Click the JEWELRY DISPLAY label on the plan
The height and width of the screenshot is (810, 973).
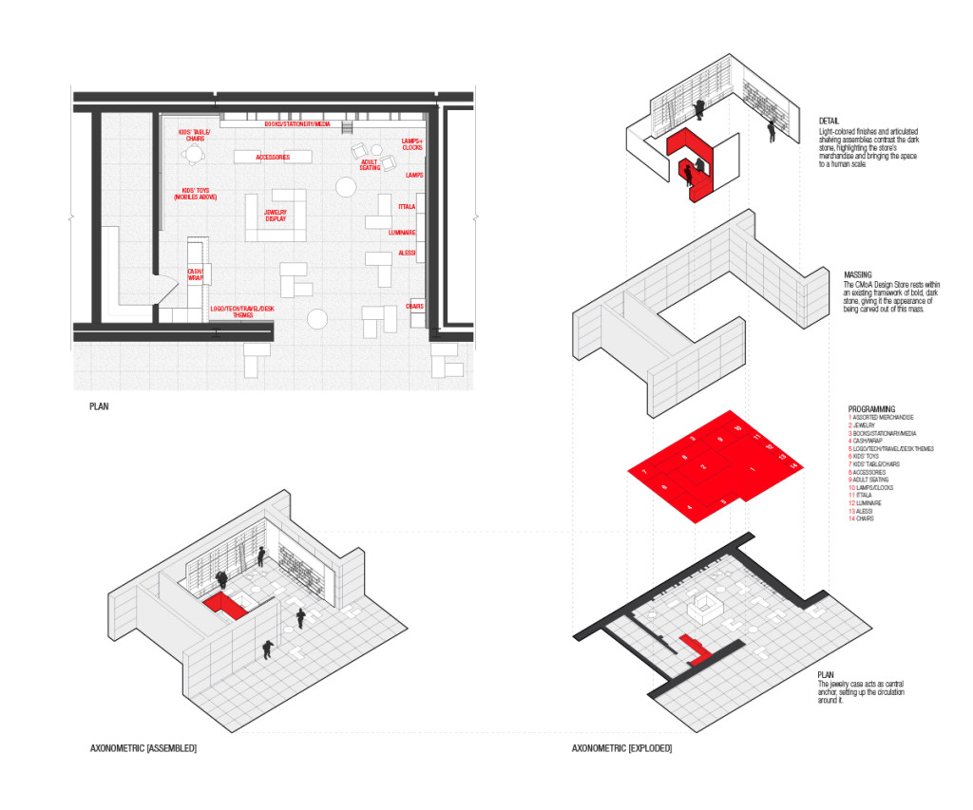pyautogui.click(x=276, y=216)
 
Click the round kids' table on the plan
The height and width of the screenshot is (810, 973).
pyautogui.click(x=195, y=154)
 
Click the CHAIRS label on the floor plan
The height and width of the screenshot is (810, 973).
pyautogui.click(x=415, y=306)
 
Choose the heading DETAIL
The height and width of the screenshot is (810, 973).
pyautogui.click(x=829, y=121)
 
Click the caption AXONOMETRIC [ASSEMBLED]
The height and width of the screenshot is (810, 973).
pyautogui.click(x=143, y=749)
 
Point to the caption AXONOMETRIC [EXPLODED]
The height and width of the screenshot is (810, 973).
pyautogui.click(x=621, y=749)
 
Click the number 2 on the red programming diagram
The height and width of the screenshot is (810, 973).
pyautogui.click(x=703, y=468)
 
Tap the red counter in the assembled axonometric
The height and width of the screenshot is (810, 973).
pyautogui.click(x=224, y=604)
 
